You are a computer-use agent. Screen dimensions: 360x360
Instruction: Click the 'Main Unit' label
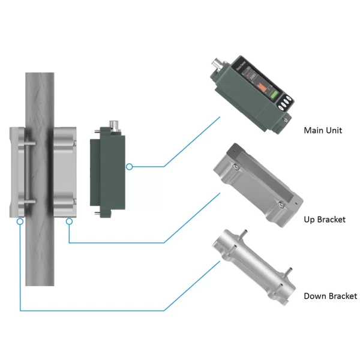323,130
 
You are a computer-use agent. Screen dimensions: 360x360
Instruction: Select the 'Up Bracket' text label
325,220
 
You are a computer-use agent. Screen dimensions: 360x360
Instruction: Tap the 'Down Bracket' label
330,296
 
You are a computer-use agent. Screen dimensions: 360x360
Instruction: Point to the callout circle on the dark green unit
129,166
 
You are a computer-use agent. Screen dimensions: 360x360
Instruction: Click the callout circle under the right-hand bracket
70,221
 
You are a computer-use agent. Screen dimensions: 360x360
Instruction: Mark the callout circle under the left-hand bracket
20,221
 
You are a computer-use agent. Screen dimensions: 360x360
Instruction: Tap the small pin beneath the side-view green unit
97,213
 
